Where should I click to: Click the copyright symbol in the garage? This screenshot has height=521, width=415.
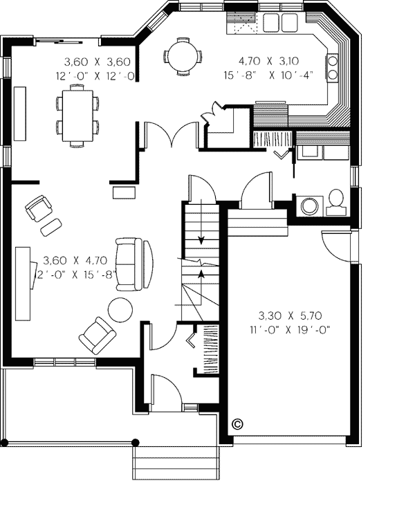(x=237, y=423)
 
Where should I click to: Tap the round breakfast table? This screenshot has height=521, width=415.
(x=183, y=56)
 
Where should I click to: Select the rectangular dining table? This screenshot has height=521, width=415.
(x=77, y=116)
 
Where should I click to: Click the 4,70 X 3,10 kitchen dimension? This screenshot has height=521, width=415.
(x=269, y=61)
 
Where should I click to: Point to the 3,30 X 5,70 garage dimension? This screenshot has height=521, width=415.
(x=290, y=316)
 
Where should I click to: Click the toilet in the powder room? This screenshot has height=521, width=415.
(x=336, y=202)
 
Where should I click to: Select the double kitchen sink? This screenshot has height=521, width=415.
(x=280, y=23)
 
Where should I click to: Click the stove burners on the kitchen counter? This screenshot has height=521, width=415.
(x=332, y=67)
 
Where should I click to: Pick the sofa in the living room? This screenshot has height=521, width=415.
(x=134, y=264)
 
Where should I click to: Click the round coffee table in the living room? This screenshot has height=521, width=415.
(x=120, y=310)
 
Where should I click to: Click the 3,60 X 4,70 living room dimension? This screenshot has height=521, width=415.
(x=75, y=260)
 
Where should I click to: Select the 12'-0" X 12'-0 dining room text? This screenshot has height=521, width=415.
(x=95, y=76)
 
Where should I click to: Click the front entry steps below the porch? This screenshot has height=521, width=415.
(x=176, y=463)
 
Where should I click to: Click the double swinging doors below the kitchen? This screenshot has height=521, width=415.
(x=171, y=134)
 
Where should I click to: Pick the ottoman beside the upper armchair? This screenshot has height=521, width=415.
(x=50, y=227)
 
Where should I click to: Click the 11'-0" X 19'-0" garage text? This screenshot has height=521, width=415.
(x=290, y=330)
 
